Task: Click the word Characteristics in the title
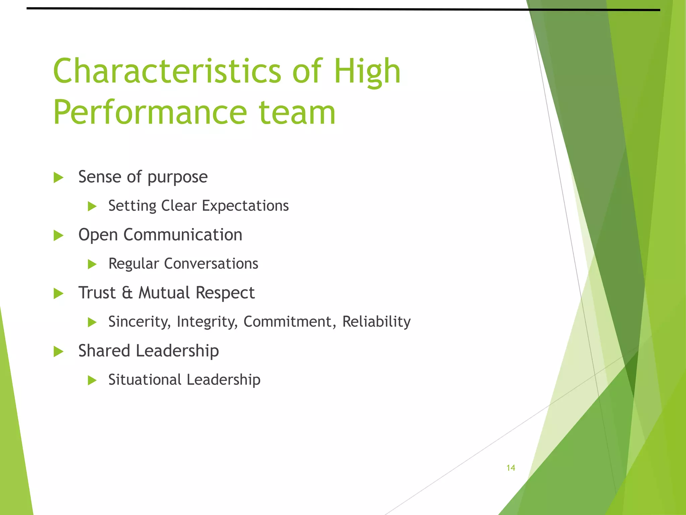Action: [167, 71]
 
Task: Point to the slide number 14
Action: [510, 468]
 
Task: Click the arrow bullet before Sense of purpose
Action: [59, 177]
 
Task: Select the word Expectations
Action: [245, 206]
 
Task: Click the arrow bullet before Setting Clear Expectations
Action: [92, 206]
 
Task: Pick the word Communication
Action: [183, 235]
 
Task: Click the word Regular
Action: [134, 264]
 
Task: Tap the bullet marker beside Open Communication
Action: [59, 235]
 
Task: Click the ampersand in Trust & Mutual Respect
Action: [127, 293]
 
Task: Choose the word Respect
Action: [225, 293]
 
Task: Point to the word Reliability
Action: [376, 322]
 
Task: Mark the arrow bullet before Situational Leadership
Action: [92, 380]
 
